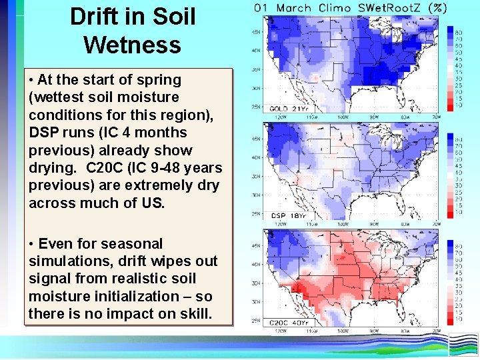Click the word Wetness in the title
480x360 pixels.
(x=132, y=45)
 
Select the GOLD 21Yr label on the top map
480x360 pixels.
(x=289, y=108)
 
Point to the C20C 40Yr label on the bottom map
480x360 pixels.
(x=289, y=323)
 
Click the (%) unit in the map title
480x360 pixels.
(x=437, y=8)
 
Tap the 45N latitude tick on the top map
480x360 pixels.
(x=256, y=32)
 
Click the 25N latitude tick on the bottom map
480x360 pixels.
(x=256, y=321)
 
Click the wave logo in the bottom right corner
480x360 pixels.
(x=463, y=345)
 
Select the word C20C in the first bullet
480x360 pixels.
(x=103, y=168)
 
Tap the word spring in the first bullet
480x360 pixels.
(x=161, y=80)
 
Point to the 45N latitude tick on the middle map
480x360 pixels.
(x=256, y=139)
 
